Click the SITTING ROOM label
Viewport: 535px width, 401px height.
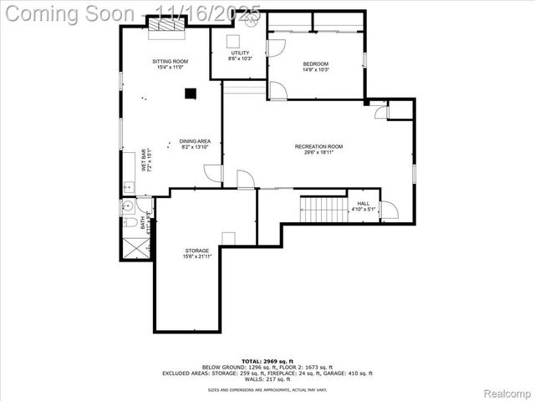pyautogui.click(x=170, y=62)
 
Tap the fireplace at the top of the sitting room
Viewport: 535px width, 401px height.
pyautogui.click(x=167, y=28)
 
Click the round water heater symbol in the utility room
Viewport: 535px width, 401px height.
pyautogui.click(x=234, y=38)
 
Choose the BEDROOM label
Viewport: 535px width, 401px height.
pyautogui.click(x=315, y=64)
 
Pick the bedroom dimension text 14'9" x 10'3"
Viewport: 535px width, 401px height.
pyautogui.click(x=315, y=70)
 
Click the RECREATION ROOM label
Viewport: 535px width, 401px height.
pyautogui.click(x=318, y=147)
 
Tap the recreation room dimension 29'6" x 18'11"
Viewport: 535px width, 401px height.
pyautogui.click(x=318, y=153)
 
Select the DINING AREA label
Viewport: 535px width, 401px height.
pyautogui.click(x=195, y=141)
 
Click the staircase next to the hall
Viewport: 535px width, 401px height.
pyautogui.click(x=323, y=210)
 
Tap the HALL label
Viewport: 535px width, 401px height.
pyautogui.click(x=363, y=203)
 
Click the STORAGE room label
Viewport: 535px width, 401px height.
pyautogui.click(x=197, y=250)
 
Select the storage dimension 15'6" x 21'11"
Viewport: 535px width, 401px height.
pyautogui.click(x=197, y=256)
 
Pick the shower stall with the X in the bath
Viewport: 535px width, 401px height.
pyautogui.click(x=134, y=246)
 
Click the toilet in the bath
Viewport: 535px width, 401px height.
pyautogui.click(x=128, y=225)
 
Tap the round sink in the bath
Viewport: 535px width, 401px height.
pyautogui.click(x=128, y=206)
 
